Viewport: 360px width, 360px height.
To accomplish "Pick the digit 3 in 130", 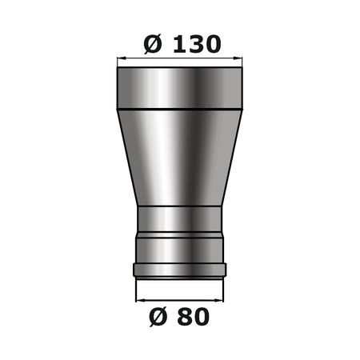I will pyautogui.click(x=193, y=44).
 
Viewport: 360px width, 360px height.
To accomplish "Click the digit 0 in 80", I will pyautogui.click(x=201, y=317).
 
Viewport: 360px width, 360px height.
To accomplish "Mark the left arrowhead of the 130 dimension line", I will pyautogui.click(x=121, y=58).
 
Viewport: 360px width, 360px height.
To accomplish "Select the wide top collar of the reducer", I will pyautogui.click(x=180, y=86).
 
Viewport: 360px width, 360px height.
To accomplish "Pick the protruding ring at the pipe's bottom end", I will pyautogui.click(x=180, y=268).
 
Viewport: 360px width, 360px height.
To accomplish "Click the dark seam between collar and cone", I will pyautogui.click(x=180, y=107).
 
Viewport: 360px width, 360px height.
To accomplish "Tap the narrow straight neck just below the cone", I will pyautogui.click(x=180, y=219).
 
